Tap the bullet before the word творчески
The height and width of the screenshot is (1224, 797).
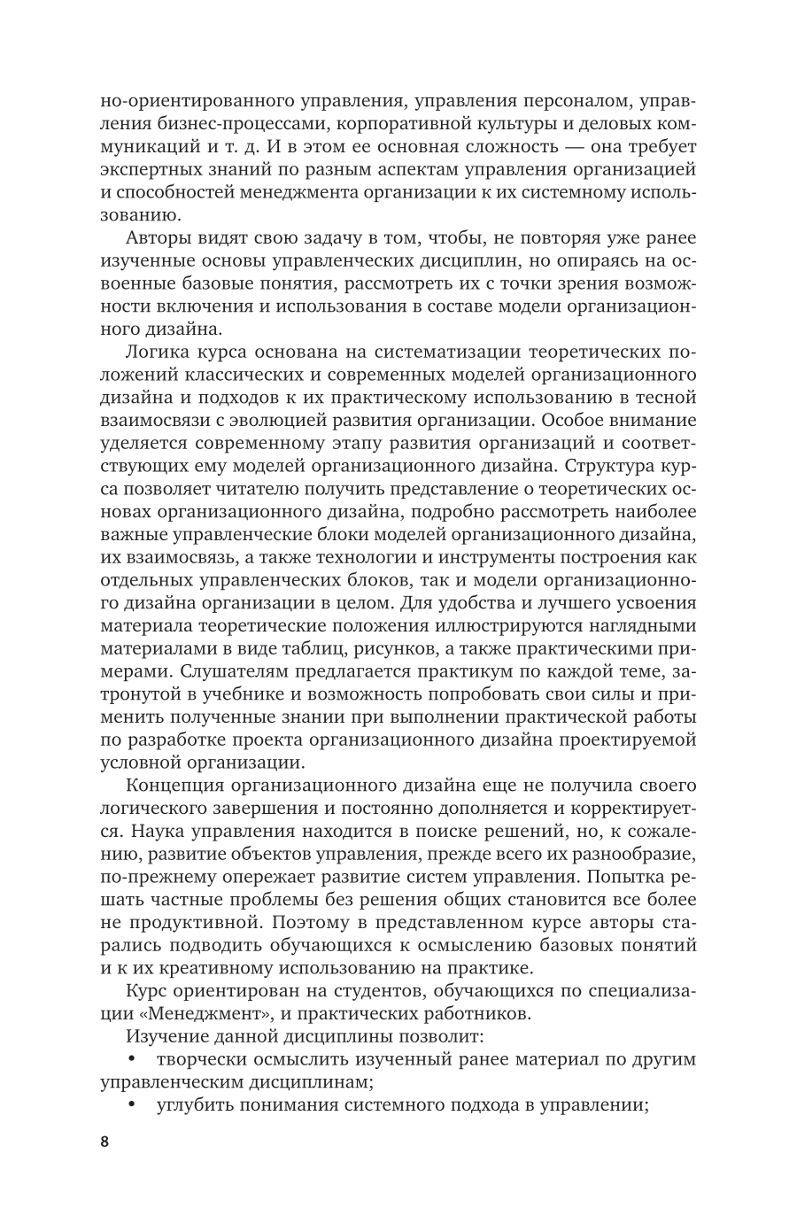133,1058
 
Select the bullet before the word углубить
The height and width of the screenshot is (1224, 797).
133,1104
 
